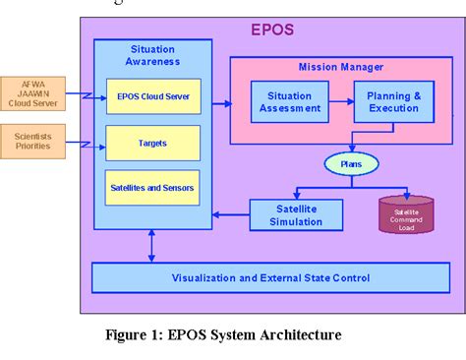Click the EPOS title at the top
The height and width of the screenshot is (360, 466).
272,29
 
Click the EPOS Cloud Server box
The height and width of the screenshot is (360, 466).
152,95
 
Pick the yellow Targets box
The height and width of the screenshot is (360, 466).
152,143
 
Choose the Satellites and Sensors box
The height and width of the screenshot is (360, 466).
152,187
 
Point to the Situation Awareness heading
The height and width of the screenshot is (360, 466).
152,55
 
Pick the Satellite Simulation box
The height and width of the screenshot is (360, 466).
296,214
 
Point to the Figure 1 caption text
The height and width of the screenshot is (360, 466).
223,335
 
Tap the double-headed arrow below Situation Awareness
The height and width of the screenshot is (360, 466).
150,247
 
